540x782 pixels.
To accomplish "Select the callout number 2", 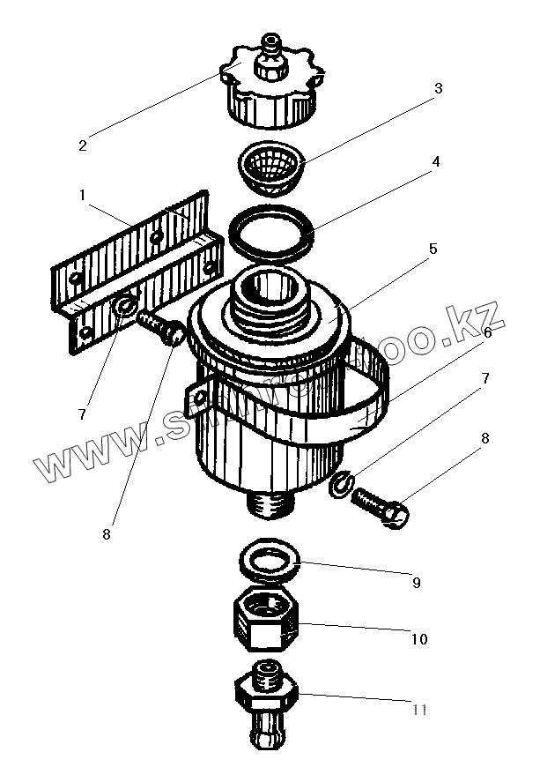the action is [x=82, y=145].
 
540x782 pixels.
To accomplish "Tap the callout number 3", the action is [x=437, y=89].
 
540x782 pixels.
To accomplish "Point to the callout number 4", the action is [x=435, y=162].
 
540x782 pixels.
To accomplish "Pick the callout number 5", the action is [x=433, y=249].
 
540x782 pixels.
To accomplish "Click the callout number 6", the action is [x=488, y=332].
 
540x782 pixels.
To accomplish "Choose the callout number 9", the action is [x=415, y=582].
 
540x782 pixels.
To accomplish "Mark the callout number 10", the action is [x=419, y=638].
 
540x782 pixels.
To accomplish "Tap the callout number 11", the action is [x=420, y=710].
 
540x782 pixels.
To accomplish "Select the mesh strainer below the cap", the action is [x=271, y=166].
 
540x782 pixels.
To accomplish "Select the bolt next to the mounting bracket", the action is [x=160, y=327].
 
